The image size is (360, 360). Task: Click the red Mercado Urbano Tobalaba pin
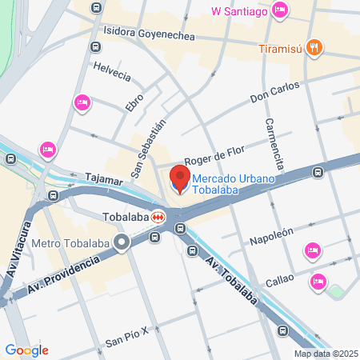coord(180,180)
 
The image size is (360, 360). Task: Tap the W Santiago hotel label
coord(238,10)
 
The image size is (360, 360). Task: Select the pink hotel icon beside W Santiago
coord(280,10)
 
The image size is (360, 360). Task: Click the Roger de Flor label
coord(213,154)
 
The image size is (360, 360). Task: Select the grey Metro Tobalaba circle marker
coord(122,241)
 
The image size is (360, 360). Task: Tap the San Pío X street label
coord(128,337)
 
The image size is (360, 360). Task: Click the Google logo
coord(26,350)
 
